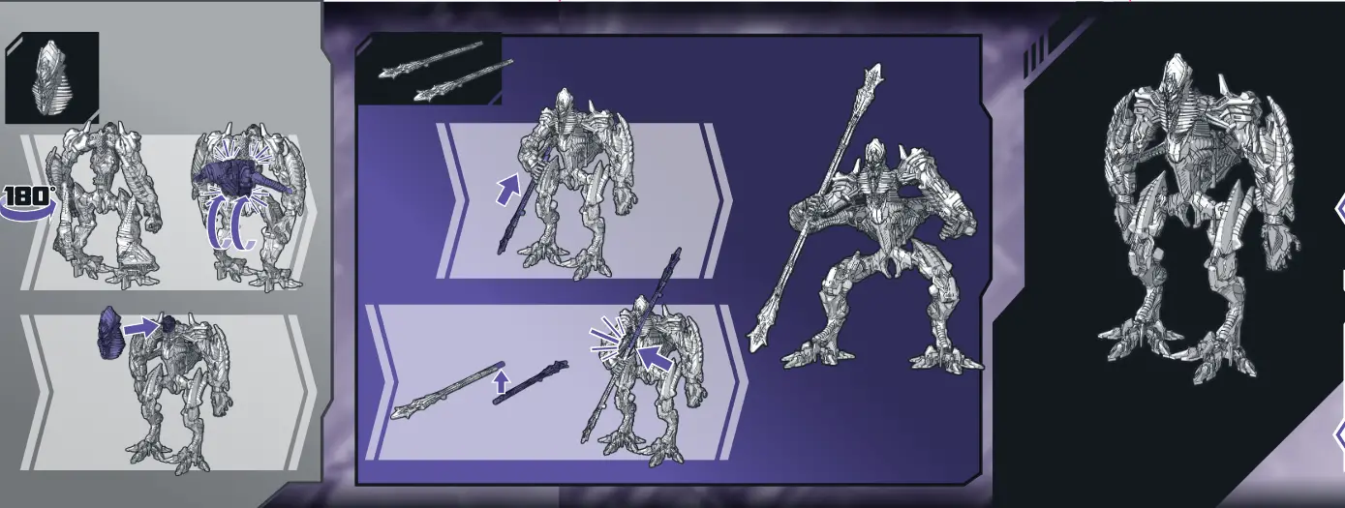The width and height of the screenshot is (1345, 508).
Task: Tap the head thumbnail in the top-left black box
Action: click(51, 77)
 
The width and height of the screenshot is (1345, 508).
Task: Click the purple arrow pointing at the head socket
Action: click(141, 328)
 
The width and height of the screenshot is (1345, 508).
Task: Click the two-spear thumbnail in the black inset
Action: click(445, 71)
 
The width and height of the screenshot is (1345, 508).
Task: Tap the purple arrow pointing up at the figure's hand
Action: click(507, 189)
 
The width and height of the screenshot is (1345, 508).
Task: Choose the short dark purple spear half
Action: click(530, 381)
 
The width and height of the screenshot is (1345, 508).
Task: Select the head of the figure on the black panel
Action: click(1176, 75)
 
